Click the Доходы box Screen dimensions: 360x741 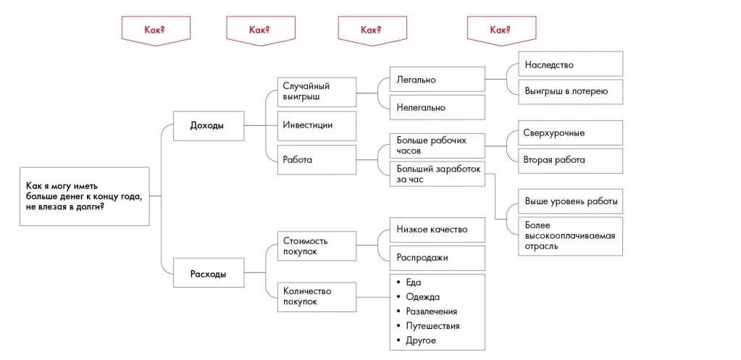pos(208,125)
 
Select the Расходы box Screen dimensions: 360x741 pos(208,273)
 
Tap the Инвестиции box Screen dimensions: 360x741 pos(317,125)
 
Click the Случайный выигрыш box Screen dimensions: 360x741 pos(317,92)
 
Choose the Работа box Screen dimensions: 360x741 pos(317,159)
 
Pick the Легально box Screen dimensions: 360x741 pos(437,80)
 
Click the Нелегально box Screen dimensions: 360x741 pos(437,107)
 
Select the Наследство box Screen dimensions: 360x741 pos(570,64)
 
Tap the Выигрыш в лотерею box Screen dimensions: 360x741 pos(570,91)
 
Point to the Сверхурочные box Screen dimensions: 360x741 pos(570,133)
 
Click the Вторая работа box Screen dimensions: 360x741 pos(570,160)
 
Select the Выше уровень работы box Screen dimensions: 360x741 pos(570,201)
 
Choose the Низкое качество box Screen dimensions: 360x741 pos(437,230)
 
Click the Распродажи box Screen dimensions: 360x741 pos(437,257)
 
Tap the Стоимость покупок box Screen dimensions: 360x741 pos(317,246)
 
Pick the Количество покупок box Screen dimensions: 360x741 pos(317,296)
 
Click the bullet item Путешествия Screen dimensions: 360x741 pos(432,326)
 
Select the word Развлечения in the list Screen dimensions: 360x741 pos(432,311)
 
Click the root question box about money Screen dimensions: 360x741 pos(85,196)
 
